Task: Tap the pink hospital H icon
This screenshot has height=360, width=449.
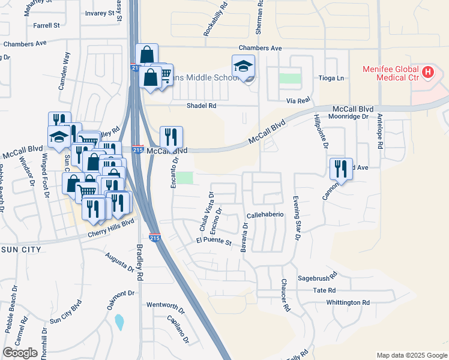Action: tap(427, 73)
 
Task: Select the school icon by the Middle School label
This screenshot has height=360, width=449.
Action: tap(244, 66)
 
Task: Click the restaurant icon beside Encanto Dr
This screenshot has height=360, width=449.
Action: tap(171, 137)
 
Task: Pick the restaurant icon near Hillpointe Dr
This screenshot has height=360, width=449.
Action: tap(341, 169)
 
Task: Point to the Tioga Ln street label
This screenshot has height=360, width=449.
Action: tap(331, 79)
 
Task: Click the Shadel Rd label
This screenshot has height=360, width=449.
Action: tap(201, 105)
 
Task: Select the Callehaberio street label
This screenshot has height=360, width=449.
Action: tap(265, 215)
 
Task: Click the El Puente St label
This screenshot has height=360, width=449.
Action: tap(214, 242)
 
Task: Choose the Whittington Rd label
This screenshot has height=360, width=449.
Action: tap(348, 302)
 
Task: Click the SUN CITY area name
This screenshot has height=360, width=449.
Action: tap(20, 249)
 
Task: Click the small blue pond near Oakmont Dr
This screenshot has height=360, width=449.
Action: tap(119, 322)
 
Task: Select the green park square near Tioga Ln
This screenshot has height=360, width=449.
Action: tap(291, 79)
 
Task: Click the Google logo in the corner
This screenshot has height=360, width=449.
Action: tap(20, 353)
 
